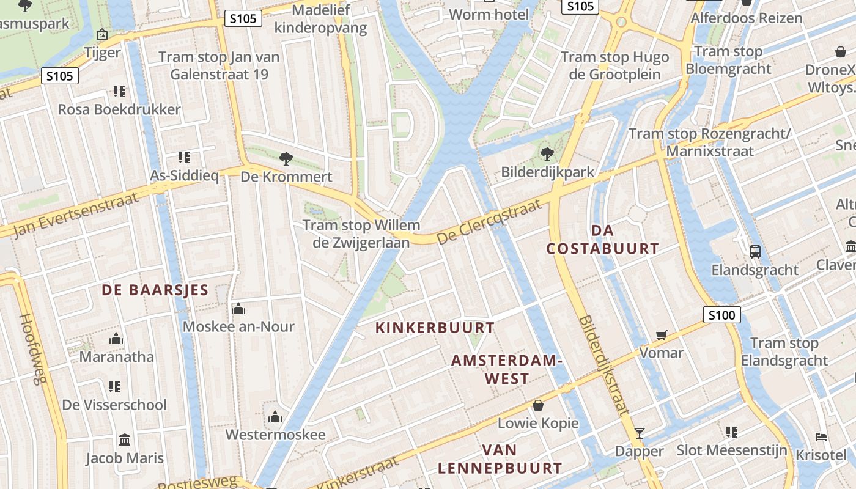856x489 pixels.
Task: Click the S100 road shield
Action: [721, 315]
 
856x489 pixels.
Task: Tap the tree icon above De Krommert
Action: [285, 159]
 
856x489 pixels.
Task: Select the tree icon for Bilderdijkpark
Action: [547, 154]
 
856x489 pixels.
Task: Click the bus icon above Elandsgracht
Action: [755, 251]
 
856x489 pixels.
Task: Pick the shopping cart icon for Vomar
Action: [661, 335]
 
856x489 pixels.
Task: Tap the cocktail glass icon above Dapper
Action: [640, 433]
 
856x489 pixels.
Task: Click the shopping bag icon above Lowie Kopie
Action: [538, 405]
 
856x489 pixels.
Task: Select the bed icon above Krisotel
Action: [821, 436]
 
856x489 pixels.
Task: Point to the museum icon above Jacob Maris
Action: [125, 439]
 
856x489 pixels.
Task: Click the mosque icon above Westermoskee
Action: [275, 417]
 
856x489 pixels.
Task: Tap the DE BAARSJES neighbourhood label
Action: [155, 290]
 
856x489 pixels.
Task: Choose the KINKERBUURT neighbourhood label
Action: [435, 328]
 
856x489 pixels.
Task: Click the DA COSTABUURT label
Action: [602, 240]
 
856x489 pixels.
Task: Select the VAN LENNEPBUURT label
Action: [500, 459]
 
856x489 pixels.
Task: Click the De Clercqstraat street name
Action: [490, 221]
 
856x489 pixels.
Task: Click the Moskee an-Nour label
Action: [238, 326]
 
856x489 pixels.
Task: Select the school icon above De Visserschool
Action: [114, 386]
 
